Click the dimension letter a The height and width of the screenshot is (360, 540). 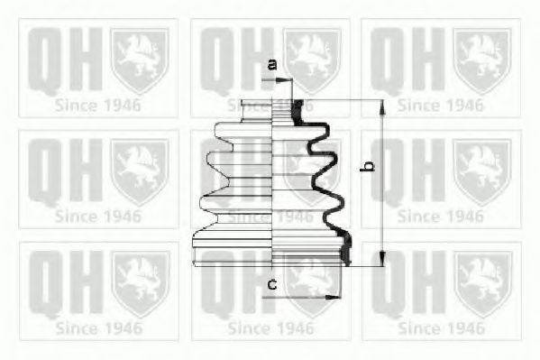(272, 64)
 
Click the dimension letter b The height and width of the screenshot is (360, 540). (369, 165)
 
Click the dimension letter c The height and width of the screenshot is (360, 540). (272, 285)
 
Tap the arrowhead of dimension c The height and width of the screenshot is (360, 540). (333, 297)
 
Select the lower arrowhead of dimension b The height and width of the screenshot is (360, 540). (382, 258)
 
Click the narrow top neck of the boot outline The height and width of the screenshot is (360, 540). (257, 110)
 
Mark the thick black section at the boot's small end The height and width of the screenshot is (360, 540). (297, 111)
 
